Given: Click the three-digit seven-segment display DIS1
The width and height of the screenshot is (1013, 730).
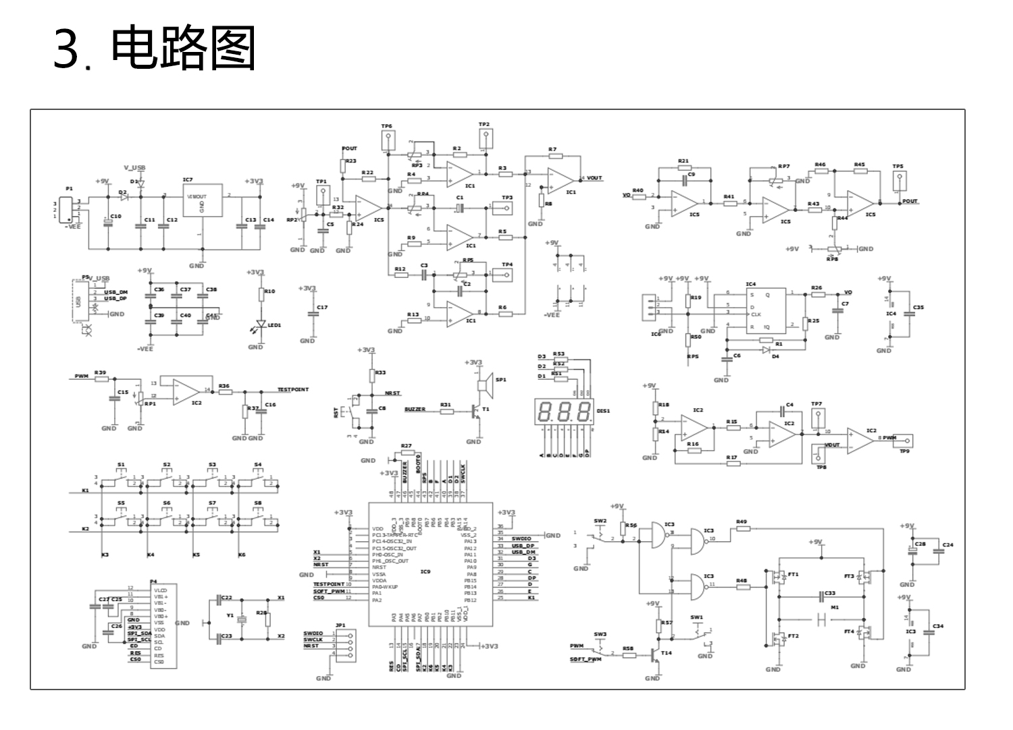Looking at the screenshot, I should tap(563, 412).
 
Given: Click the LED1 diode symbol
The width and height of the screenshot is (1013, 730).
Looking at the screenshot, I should tap(261, 325).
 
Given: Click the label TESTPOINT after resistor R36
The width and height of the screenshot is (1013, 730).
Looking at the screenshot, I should tap(292, 390).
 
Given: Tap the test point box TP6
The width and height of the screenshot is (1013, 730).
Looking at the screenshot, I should tap(388, 140).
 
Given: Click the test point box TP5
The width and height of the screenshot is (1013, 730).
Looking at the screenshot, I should tap(899, 180).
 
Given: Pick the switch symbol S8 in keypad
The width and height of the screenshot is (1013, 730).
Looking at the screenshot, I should tap(258, 517).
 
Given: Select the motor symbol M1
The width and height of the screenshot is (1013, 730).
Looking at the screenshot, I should tap(822, 619).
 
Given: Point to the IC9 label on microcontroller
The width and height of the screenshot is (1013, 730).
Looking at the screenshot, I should tap(425, 571).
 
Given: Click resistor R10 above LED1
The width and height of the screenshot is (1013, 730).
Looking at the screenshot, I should tap(261, 295).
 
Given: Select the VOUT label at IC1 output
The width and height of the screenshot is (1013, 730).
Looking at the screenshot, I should tap(594, 178).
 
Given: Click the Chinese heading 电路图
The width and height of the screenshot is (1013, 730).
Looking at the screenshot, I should tap(184, 49).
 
